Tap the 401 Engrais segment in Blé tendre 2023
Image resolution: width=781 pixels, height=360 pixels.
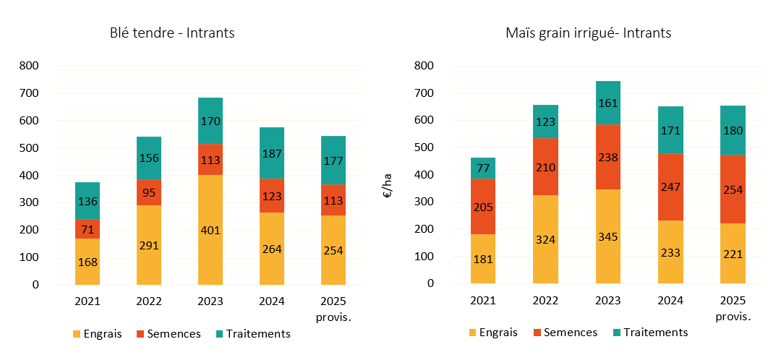[x=210, y=230]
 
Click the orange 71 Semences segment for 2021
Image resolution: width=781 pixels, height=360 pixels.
[x=88, y=229]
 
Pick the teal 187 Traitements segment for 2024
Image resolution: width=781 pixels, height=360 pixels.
[x=273, y=153]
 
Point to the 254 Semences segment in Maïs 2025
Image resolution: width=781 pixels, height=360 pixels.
[x=733, y=189]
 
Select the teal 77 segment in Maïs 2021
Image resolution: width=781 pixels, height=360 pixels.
[x=484, y=168]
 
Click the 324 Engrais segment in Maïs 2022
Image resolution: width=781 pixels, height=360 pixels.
[x=546, y=239]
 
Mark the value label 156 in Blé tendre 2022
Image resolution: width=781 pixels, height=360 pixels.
[x=149, y=158]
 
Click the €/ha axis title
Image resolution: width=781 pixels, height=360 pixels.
[x=388, y=189]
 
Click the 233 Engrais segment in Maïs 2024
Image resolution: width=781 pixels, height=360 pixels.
[x=670, y=252]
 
